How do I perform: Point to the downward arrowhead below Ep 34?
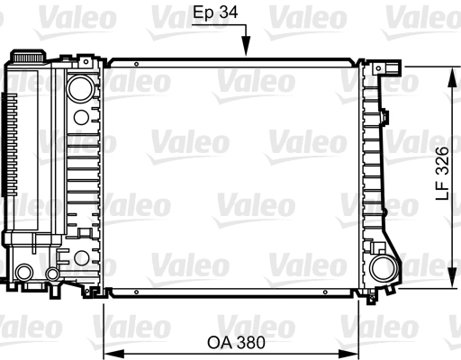[246, 51]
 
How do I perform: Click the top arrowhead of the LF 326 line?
[450, 69]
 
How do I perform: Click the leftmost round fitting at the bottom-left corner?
[24, 271]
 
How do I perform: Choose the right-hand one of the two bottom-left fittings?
[52, 273]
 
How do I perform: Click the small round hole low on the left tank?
[81, 258]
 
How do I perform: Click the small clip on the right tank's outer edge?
[384, 117]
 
